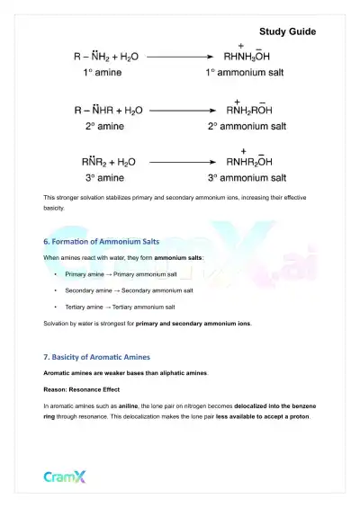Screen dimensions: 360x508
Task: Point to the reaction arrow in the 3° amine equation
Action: click(x=184, y=163)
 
